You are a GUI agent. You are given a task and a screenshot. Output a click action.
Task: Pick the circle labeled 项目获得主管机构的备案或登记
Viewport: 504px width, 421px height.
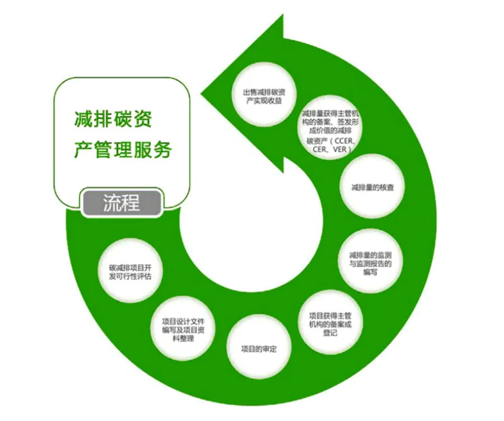coord(332,324)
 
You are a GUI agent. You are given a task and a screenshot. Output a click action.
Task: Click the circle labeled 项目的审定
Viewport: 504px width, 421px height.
coord(258,348)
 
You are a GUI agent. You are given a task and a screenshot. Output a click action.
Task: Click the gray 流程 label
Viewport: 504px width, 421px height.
coord(122,202)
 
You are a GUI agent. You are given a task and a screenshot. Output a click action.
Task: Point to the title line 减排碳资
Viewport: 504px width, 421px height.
coord(113,119)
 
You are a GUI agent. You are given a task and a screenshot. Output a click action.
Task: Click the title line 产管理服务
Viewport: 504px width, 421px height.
coord(122,150)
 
